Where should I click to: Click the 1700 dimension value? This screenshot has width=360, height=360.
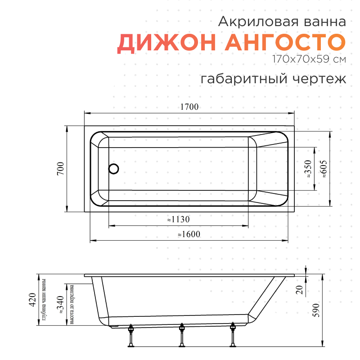click(x=189, y=107)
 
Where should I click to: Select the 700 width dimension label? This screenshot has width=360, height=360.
click(x=61, y=168)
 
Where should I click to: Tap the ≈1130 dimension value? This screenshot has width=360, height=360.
click(x=178, y=220)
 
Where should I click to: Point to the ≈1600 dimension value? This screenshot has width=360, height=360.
click(x=188, y=234)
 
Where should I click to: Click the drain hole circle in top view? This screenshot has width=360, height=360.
click(x=114, y=169)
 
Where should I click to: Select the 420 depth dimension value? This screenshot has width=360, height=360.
click(x=32, y=299)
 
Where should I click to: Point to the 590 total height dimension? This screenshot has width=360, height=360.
click(x=316, y=311)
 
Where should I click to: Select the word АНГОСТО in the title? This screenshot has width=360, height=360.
click(x=285, y=43)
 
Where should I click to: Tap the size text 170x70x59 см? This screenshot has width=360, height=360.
click(x=309, y=59)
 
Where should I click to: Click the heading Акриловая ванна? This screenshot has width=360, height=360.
click(x=282, y=21)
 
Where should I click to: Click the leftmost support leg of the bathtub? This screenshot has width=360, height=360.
click(x=131, y=336)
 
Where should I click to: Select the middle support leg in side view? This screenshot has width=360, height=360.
click(x=182, y=336)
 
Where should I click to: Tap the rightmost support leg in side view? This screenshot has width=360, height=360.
click(x=233, y=336)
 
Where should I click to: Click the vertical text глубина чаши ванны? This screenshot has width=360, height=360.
click(x=44, y=300)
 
